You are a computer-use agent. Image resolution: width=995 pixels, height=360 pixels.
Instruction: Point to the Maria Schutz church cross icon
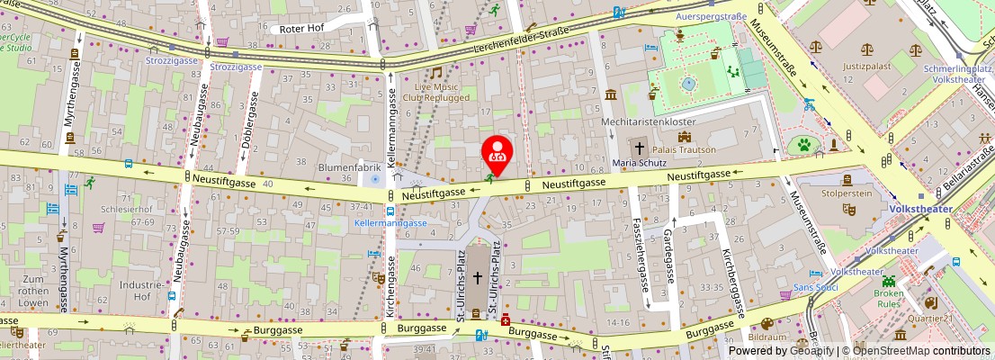[640, 148]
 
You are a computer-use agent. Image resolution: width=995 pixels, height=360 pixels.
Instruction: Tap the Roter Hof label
[301, 29]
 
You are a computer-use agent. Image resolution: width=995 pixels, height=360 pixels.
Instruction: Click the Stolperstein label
[847, 193]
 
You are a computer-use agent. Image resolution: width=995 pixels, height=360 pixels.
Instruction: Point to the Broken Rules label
[888, 298]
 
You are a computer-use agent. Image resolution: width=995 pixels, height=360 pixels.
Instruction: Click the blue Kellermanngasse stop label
[390, 222]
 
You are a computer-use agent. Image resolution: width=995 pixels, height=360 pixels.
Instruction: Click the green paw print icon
[802, 144]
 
